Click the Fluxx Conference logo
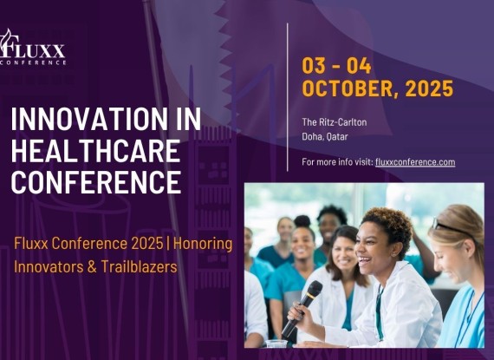(33, 48)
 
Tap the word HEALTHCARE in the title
(96, 151)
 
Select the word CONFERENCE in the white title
(96, 182)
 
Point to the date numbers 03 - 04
(336, 66)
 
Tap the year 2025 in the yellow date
(429, 88)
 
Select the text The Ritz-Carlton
(335, 122)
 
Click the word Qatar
(337, 137)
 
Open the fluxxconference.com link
(415, 162)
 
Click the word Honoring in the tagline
(203, 244)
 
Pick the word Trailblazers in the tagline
(139, 267)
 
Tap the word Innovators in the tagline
(49, 267)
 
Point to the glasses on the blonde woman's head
(449, 226)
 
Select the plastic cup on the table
(276, 344)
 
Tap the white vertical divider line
(288, 97)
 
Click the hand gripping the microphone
(299, 311)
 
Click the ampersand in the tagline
(92, 267)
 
